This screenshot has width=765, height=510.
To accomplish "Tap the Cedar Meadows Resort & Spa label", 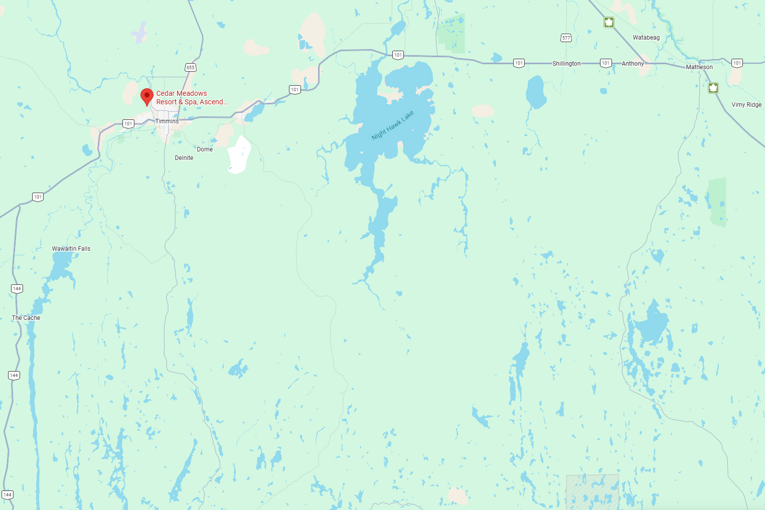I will pos(192,98).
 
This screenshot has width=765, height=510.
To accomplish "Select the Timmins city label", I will pos(167,121).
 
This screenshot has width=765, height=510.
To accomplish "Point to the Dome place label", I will pos(205,149).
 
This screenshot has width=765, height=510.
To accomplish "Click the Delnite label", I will pos(184,158).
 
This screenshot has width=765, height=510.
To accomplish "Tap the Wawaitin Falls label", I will pos(71,249).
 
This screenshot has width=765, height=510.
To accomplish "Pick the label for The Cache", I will pos(26,318).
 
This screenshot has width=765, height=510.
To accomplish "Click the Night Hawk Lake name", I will pos(393,125).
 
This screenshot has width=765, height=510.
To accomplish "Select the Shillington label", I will pos(566,64).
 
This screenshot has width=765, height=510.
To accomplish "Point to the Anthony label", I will pos(633,64).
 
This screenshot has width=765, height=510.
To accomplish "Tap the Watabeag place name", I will pos(646,38).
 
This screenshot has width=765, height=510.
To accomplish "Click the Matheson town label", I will pos(699,67).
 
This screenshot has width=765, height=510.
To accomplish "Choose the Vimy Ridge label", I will pos(746,105).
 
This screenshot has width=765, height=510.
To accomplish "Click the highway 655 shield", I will pos(190,67).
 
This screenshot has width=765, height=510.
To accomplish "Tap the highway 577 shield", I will pos(566,38).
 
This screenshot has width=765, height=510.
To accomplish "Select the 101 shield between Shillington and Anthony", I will pos(605,63).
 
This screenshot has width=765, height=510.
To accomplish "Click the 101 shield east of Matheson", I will pos(737,63).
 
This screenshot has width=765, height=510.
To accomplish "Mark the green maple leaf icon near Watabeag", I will pos(609,22).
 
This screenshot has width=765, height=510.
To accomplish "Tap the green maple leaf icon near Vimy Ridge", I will pos(713,88).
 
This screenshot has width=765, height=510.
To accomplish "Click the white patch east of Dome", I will pos(239,154).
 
